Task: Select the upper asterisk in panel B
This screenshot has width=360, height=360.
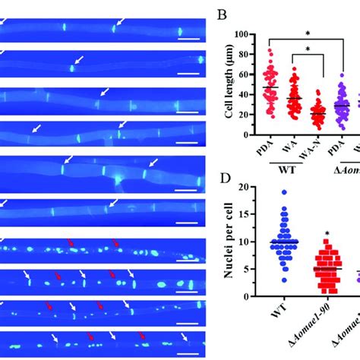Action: (x=309, y=33)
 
